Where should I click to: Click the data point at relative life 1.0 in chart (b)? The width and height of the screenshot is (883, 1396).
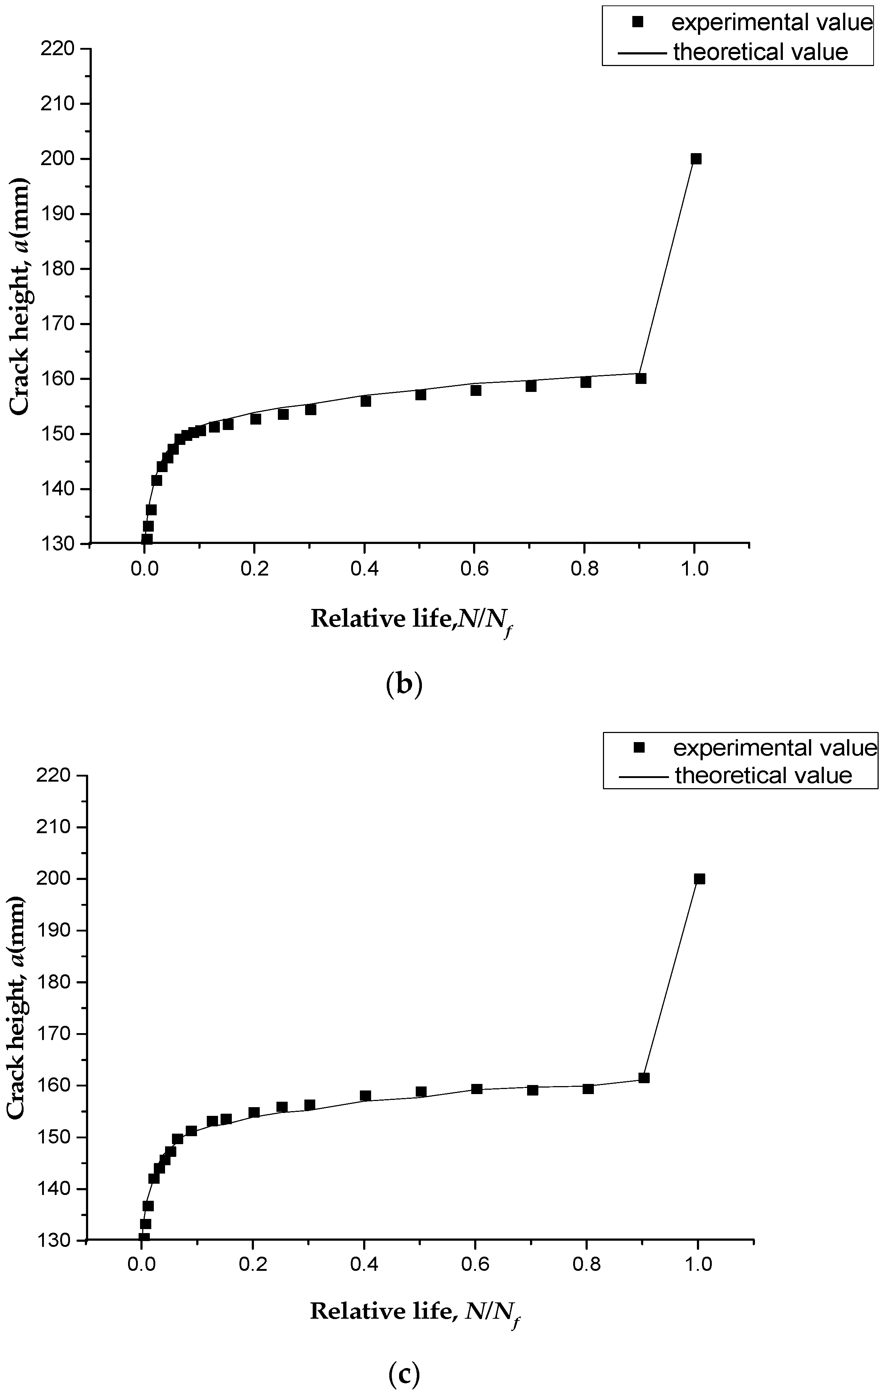pos(696,159)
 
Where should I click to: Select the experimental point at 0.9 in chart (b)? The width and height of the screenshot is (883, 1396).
pos(641,378)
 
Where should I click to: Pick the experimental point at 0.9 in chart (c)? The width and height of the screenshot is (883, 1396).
pos(644,1078)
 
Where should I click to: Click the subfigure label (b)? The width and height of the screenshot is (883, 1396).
pos(404,685)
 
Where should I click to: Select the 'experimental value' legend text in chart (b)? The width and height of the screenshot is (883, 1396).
pos(772,22)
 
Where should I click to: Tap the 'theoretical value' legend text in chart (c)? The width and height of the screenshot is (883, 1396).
pos(763,775)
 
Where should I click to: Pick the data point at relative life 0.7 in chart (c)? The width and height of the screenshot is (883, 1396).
pos(533,1090)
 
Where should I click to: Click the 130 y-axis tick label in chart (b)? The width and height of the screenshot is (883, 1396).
pos(59,544)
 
